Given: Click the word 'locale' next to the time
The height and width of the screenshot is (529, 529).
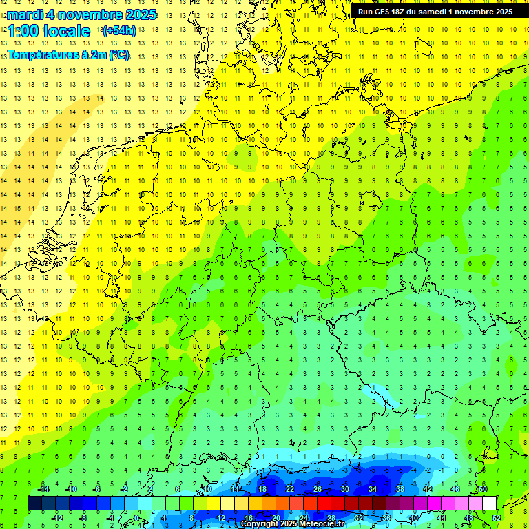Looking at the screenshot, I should click(66, 31).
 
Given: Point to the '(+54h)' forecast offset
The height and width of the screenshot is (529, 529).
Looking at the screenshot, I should click(119, 31).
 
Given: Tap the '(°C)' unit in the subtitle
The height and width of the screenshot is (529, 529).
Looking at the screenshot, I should click(118, 54).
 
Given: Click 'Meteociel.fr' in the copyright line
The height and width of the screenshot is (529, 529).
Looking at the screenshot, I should click(318, 524).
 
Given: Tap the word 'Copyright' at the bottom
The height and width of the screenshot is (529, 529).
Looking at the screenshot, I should click(259, 524).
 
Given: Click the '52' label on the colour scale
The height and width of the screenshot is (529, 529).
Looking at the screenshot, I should click(496, 518).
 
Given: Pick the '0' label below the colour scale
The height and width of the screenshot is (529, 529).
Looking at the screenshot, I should click(136, 518).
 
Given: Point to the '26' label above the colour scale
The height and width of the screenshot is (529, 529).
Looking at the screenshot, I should click(317, 489).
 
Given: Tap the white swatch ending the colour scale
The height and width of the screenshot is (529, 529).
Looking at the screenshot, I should click(489, 504).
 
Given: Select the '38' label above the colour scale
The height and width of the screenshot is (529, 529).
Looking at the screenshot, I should click(400, 489).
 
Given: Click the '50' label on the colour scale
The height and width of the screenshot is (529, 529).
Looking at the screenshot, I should click(482, 489).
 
